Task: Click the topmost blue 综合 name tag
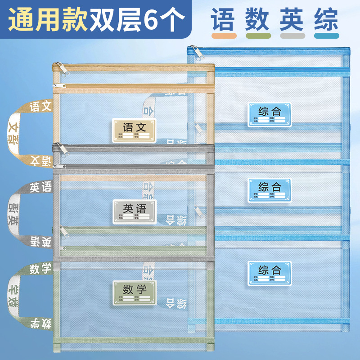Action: pyautogui.click(x=270, y=114)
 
